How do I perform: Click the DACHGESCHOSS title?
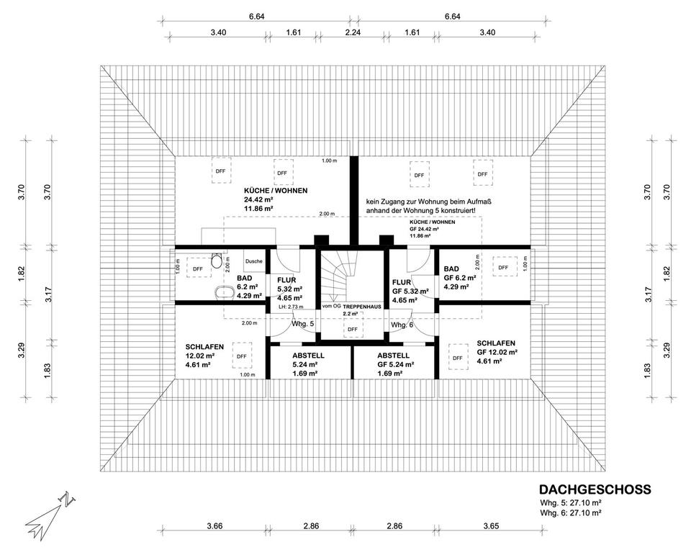click(595, 489)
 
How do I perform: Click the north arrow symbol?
click(50, 515)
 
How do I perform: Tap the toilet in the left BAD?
click(217, 261)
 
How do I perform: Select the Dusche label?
click(254, 261)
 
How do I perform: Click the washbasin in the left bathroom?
click(225, 292)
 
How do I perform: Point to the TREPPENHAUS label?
click(362, 306)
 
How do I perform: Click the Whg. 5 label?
click(303, 324)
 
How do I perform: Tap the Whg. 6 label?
click(402, 325)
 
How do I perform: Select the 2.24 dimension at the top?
click(353, 32)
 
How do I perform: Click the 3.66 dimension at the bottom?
click(214, 525)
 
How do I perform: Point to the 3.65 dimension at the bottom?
click(491, 525)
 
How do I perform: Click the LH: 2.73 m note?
click(291, 307)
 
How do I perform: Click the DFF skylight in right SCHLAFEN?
click(458, 357)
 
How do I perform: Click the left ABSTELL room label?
click(309, 356)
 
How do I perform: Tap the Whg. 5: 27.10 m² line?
click(571, 502)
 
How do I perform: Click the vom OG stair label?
click(332, 306)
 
